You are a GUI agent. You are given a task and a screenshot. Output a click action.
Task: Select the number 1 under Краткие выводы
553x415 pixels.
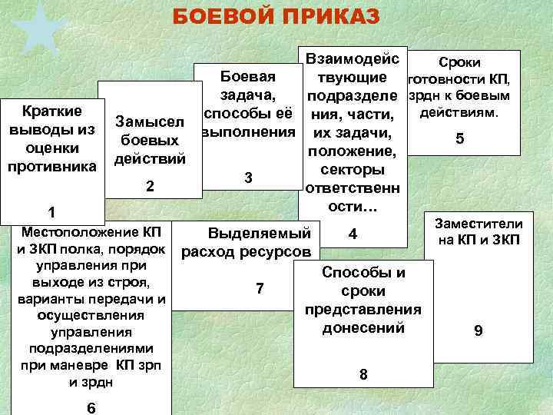click(x=51, y=212)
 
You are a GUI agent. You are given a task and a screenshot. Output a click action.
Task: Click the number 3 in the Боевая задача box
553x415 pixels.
click(x=247, y=178)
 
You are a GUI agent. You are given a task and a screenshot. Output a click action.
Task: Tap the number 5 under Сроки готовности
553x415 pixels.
click(x=459, y=140)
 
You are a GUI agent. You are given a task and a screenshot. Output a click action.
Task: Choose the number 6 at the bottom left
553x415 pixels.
click(x=91, y=407)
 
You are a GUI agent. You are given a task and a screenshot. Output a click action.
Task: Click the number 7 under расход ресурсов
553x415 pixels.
click(x=259, y=288)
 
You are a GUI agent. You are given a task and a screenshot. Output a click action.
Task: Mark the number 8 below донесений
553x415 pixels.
click(x=363, y=374)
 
